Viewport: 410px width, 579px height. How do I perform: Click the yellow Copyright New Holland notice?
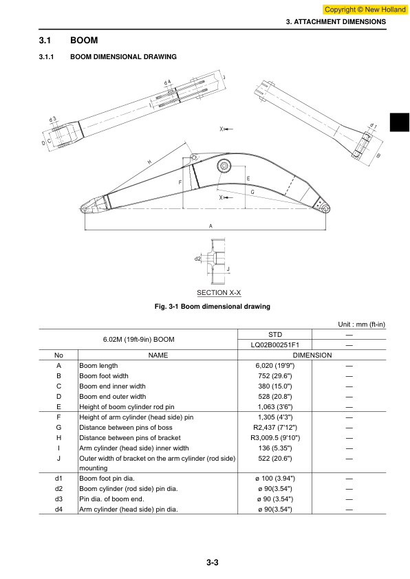click(x=365, y=10)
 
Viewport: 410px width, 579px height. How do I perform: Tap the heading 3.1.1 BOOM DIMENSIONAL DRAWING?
click(x=108, y=57)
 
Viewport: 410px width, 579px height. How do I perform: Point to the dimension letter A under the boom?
click(x=211, y=226)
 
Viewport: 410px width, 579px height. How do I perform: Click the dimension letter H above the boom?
click(x=149, y=162)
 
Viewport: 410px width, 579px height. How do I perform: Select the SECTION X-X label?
click(x=219, y=293)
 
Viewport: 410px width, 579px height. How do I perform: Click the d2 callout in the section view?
click(x=197, y=259)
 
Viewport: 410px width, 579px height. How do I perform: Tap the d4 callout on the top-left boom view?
click(x=167, y=82)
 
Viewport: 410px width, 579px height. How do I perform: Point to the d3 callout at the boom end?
click(x=53, y=119)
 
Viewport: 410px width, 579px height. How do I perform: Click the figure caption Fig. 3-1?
click(x=213, y=307)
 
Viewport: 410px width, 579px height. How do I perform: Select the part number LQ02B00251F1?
click(x=274, y=345)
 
